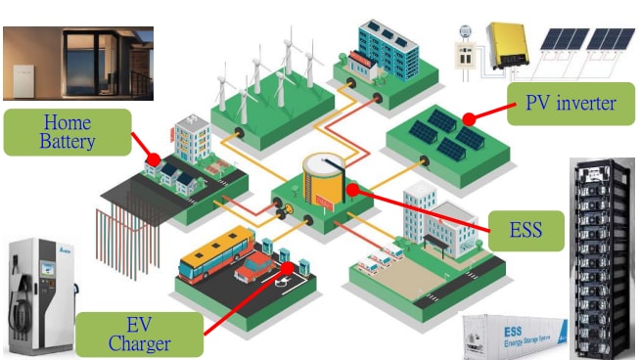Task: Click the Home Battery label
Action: tap(68, 132)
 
